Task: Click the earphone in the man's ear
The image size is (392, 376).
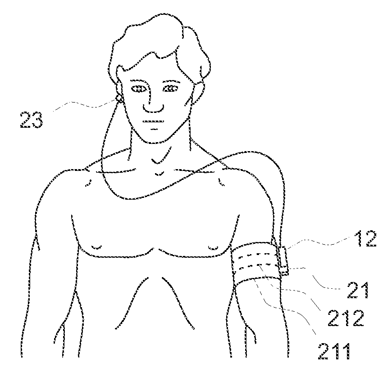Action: pos(119,98)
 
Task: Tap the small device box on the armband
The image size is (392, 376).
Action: pos(283,260)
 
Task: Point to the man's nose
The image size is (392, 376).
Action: pos(152,106)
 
